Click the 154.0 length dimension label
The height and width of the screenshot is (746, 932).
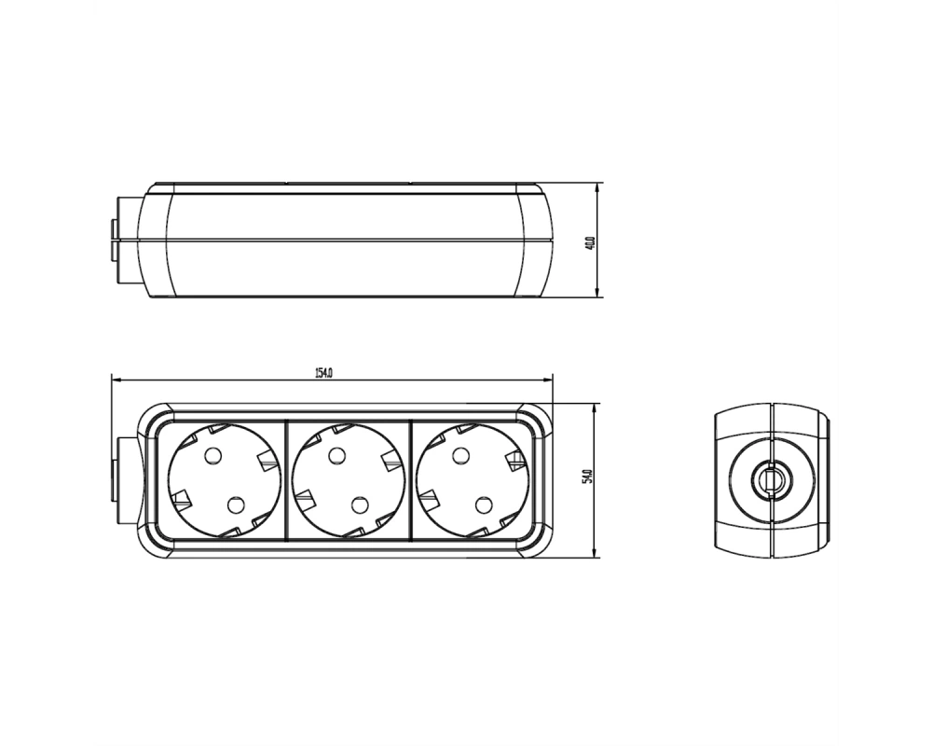pos(323,373)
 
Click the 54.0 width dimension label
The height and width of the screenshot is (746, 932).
pos(588,477)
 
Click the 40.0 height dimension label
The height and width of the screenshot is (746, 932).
pos(590,243)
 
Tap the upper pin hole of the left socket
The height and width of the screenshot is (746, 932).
pos(212,456)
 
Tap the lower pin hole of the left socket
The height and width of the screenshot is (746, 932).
pos(236,505)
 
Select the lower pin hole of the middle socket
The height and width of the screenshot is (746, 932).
pos(360,505)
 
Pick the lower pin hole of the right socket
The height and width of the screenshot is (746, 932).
pos(483,505)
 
